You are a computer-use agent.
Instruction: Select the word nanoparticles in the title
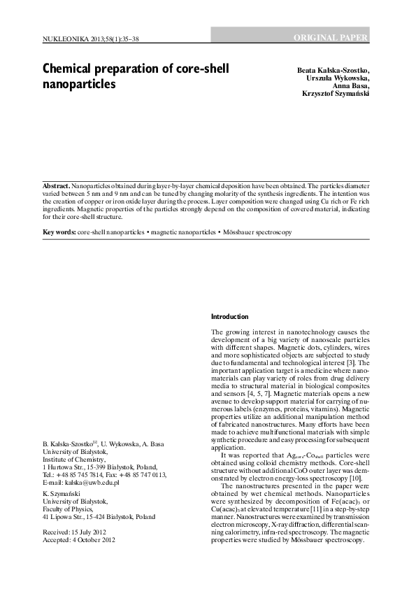pyautogui.click(x=78, y=85)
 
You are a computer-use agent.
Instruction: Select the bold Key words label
pyautogui.click(x=59, y=231)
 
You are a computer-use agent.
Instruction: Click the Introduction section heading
pyautogui.click(x=229, y=316)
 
